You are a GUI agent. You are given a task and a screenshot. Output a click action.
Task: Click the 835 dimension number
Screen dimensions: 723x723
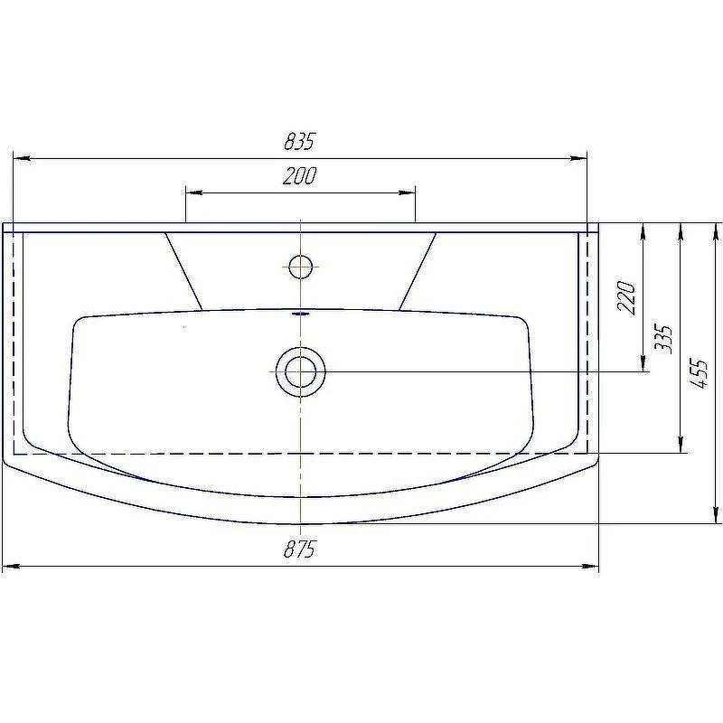tap(299, 142)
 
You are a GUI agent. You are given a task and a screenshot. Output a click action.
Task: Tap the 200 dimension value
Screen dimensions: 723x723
tap(300, 175)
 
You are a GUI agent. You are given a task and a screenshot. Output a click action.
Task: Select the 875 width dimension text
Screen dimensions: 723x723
tap(300, 549)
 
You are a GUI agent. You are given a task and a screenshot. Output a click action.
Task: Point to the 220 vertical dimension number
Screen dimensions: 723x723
tap(627, 297)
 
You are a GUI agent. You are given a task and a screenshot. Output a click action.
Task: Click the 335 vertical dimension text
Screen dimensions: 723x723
tap(664, 340)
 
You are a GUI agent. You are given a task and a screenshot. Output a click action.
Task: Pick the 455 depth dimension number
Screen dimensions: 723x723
tap(700, 374)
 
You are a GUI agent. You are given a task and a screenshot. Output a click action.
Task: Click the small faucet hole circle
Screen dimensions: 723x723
tap(301, 267)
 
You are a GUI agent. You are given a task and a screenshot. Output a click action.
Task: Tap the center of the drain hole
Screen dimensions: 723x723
tap(301, 371)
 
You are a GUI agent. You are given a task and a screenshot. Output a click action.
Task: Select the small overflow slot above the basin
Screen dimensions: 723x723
tap(301, 314)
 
